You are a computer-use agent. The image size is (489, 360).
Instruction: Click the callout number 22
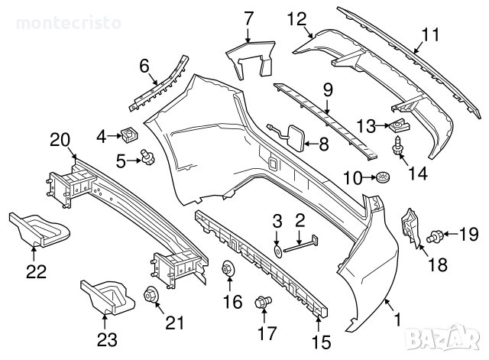pos(36,271)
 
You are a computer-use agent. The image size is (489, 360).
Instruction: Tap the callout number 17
pos(267,332)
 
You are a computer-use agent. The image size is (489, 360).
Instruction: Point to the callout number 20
pos(60,140)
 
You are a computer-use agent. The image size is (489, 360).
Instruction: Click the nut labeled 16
pos(228,270)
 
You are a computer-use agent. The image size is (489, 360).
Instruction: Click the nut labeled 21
pos(150,294)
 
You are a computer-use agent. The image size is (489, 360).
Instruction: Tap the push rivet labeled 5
pos(145,158)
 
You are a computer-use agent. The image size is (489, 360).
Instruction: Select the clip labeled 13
pos(397,120)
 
